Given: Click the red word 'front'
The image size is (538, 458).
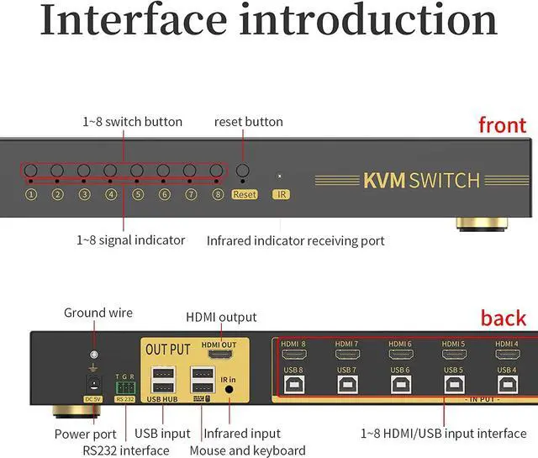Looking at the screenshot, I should click(502, 126).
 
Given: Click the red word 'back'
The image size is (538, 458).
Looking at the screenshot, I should click(503, 318).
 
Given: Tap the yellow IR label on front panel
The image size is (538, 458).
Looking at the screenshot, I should click(282, 194).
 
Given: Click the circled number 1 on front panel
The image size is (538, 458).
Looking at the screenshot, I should click(31, 194).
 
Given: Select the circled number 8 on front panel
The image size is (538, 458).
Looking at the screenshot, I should click(218, 194).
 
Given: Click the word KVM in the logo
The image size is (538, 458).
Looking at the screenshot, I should click(384, 181).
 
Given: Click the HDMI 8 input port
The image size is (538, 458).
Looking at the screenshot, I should click(293, 355).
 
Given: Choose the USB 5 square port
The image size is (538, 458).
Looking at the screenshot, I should click(453, 384).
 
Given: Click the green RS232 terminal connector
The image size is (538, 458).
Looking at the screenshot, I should click(124, 387).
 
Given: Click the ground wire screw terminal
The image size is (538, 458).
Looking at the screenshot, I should click(93, 355).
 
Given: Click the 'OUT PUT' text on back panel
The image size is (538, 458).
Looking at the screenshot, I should click(168, 349).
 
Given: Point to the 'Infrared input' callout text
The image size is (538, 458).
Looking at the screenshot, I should click(242, 434).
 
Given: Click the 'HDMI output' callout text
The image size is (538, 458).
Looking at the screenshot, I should click(221, 317).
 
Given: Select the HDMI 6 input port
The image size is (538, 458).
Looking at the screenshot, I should click(400, 355).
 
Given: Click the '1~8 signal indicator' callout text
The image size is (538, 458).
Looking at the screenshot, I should click(130, 240).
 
